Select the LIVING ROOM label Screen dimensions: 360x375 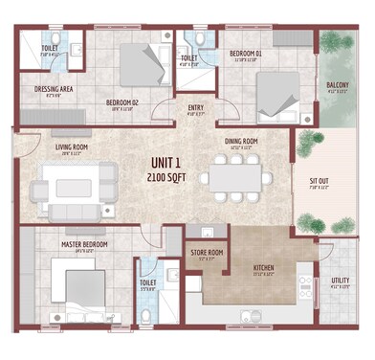pos(72,147)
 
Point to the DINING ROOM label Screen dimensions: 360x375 pos(240,141)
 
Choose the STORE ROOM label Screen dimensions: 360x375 pos(203,253)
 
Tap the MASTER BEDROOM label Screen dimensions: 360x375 pos(84,244)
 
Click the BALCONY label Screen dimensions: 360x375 pos(337,84)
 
